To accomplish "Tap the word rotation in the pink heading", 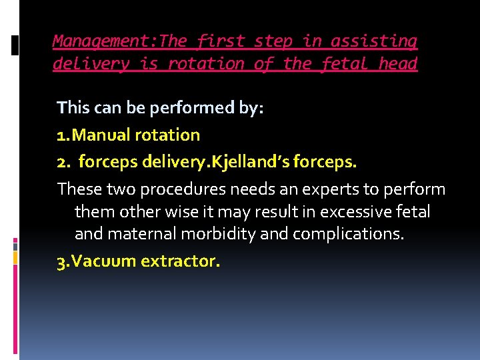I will pos(206,64).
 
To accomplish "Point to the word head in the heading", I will pos(398,64).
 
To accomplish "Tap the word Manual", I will pos(101,135).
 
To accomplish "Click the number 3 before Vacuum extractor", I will pos(61,261).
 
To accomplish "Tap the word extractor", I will pos(179,261).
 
